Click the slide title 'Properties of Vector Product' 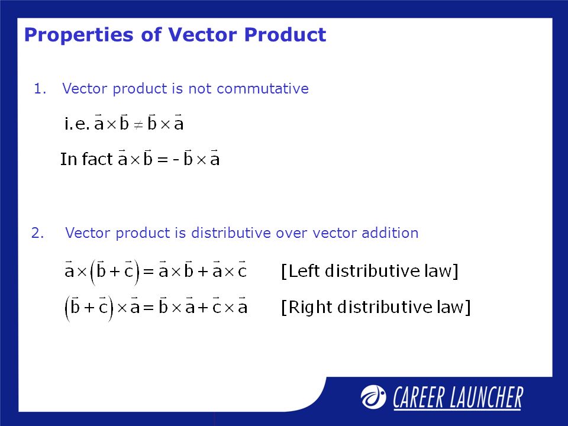[x=175, y=35]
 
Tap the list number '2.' [x=38, y=233]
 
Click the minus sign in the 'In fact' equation [x=175, y=160]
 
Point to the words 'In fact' [x=86, y=159]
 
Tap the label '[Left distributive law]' [x=369, y=272]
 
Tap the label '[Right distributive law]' [x=375, y=308]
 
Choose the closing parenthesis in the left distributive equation [x=137, y=273]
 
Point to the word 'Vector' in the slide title [x=204, y=35]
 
